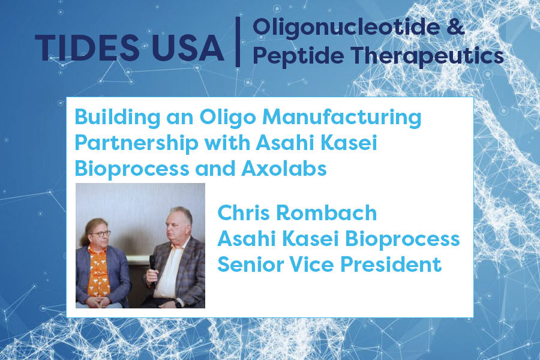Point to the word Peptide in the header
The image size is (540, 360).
pos(290,56)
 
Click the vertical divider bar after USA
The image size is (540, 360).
pos(238,41)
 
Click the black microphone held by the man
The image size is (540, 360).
pos(152,262)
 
